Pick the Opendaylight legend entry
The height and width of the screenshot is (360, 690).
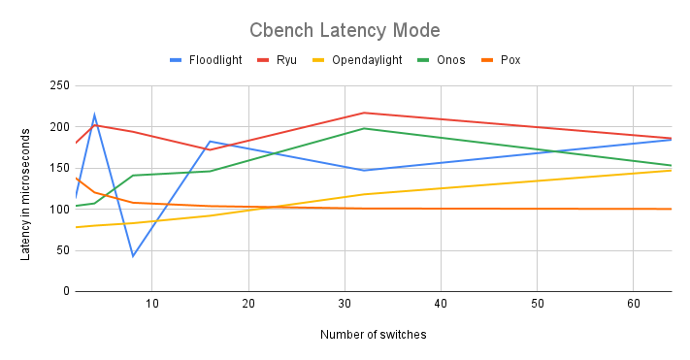click(x=365, y=60)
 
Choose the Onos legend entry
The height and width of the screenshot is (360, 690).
click(x=449, y=60)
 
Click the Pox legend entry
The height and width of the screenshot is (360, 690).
click(x=511, y=60)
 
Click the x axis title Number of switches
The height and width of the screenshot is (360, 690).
click(x=373, y=335)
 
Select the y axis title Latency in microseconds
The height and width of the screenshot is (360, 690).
click(x=26, y=189)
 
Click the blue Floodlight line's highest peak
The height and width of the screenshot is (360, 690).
click(x=94, y=115)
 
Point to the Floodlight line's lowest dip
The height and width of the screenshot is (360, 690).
click(x=133, y=255)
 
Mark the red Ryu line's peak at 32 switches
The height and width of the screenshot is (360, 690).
click(x=364, y=113)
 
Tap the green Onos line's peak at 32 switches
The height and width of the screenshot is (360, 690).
click(x=364, y=128)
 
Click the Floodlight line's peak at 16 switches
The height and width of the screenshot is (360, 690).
click(x=210, y=142)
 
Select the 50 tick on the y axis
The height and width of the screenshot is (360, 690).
click(x=60, y=250)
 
